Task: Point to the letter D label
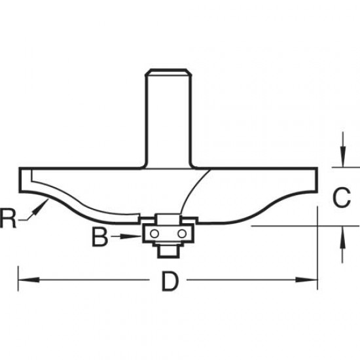tap(170, 282)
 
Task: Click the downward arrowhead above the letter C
tap(341, 162)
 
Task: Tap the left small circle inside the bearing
tap(154, 233)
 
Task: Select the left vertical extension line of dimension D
tap(18, 275)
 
